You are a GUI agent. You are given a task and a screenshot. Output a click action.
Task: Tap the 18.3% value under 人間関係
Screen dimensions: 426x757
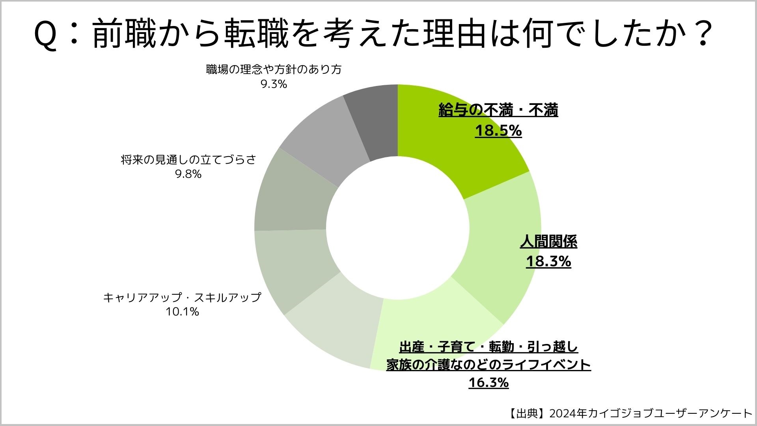[548, 262]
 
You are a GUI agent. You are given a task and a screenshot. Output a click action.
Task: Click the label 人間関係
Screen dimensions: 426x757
[548, 241]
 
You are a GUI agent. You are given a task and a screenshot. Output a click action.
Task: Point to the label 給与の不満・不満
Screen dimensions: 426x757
[498, 111]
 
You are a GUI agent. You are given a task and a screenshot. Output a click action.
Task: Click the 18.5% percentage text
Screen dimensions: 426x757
[498, 131]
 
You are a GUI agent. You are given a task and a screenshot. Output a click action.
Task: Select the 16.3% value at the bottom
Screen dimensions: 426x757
[489, 383]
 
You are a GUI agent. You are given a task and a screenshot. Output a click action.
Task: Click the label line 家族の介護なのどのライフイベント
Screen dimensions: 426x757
[489, 365]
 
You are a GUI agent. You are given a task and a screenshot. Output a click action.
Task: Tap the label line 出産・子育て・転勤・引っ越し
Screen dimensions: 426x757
[489, 347]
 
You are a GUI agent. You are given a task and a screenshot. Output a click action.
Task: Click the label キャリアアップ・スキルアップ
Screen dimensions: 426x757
[182, 297]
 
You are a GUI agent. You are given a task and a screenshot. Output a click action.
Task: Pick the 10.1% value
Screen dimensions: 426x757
[182, 312]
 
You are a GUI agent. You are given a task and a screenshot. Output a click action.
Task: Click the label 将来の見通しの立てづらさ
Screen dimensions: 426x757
[188, 159]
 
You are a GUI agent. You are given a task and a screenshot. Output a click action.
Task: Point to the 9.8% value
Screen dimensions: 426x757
[188, 174]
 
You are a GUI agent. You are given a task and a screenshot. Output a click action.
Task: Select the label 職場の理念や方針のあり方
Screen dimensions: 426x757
[274, 69]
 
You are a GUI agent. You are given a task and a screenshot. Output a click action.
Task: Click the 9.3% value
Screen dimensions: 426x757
[274, 84]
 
